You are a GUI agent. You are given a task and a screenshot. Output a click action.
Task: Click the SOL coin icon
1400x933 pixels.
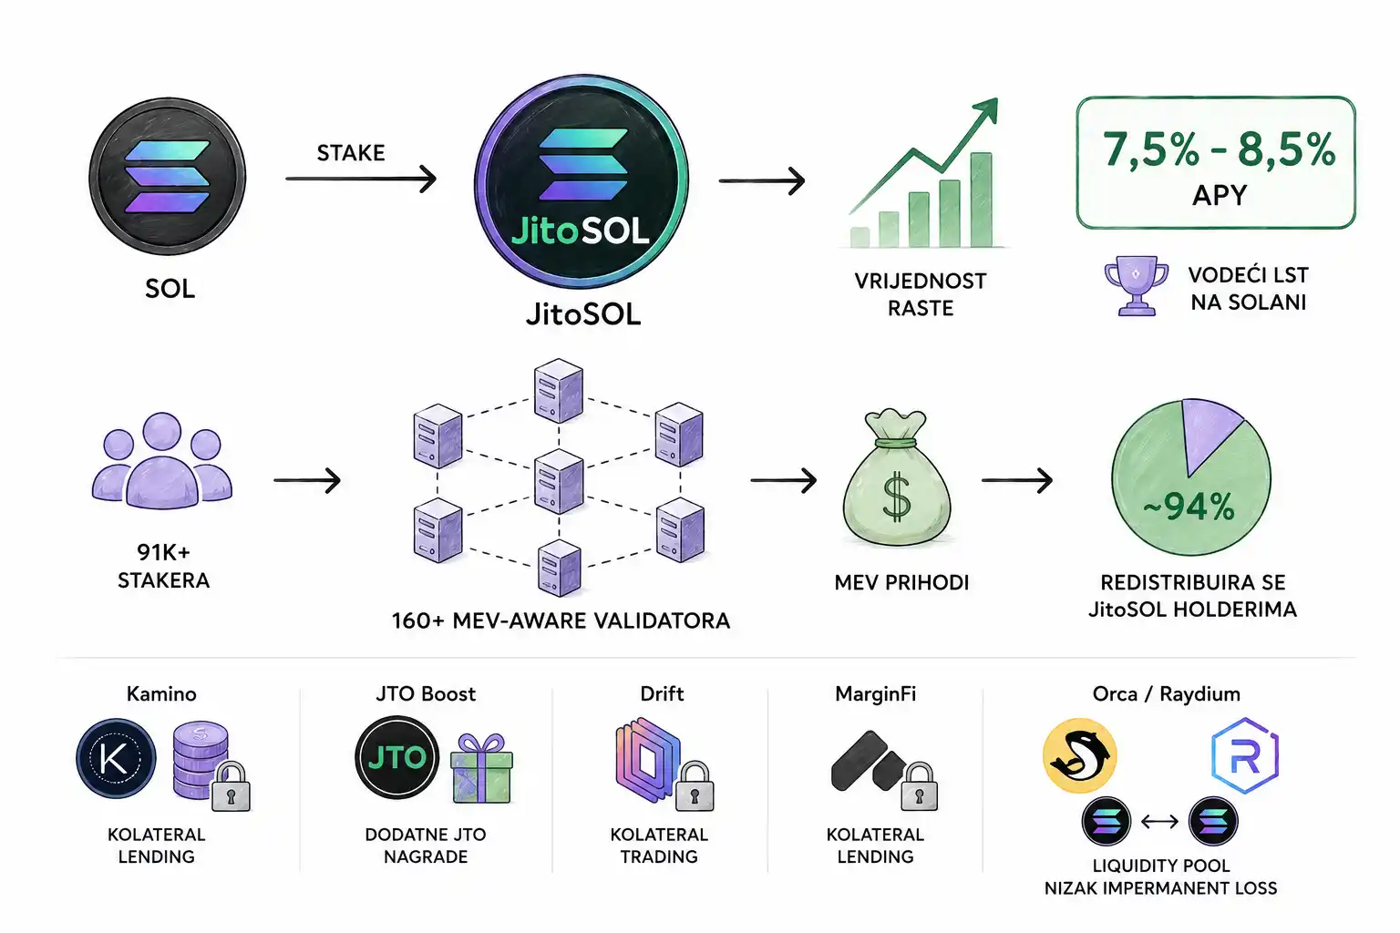click(168, 177)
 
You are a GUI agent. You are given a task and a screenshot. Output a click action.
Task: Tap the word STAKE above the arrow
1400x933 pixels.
click(351, 153)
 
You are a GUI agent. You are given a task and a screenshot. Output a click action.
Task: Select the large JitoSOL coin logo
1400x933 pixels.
click(582, 181)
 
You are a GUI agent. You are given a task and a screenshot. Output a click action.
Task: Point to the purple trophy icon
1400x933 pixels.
click(1136, 286)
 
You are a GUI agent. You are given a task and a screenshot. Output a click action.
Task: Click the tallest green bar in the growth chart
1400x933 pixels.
click(982, 200)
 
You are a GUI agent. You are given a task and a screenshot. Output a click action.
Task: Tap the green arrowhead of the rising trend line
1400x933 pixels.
click(985, 110)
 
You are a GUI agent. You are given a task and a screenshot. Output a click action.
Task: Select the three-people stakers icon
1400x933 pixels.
click(162, 460)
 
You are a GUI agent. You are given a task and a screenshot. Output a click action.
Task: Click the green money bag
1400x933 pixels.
click(897, 478)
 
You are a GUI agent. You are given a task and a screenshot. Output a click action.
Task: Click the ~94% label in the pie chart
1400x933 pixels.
click(1189, 507)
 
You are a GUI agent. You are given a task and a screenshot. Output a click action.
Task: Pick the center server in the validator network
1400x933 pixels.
click(559, 481)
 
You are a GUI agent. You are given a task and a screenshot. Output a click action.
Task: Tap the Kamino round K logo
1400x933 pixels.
click(117, 758)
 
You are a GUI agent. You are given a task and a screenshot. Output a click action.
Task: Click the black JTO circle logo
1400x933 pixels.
click(396, 757)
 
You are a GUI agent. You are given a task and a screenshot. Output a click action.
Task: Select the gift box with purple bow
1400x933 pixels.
click(482, 769)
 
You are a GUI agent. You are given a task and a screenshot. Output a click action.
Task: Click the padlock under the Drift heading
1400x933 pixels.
click(695, 787)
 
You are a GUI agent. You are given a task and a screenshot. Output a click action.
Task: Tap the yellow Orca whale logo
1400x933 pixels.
click(1080, 755)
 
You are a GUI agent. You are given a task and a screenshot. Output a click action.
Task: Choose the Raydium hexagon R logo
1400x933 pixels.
click(1245, 755)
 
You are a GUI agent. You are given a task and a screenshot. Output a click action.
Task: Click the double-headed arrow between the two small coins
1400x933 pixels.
click(1159, 822)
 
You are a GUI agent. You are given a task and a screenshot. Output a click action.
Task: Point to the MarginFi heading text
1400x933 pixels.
click(876, 693)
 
